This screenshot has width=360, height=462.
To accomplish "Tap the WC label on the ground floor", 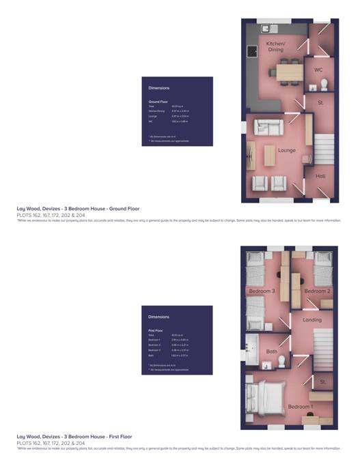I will click(318, 70).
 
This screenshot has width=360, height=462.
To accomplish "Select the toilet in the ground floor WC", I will click(324, 83).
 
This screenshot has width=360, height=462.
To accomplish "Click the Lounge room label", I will click(287, 150).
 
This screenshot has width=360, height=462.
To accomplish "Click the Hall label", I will click(320, 176).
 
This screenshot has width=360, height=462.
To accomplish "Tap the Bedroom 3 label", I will click(262, 291).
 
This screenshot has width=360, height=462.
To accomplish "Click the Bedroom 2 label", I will click(317, 291).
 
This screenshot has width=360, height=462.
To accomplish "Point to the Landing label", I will click(312, 319).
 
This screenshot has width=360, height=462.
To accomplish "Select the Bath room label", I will click(271, 351).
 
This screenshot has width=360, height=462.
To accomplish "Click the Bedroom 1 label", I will click(301, 407).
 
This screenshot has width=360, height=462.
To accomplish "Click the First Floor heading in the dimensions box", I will click(157, 330).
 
